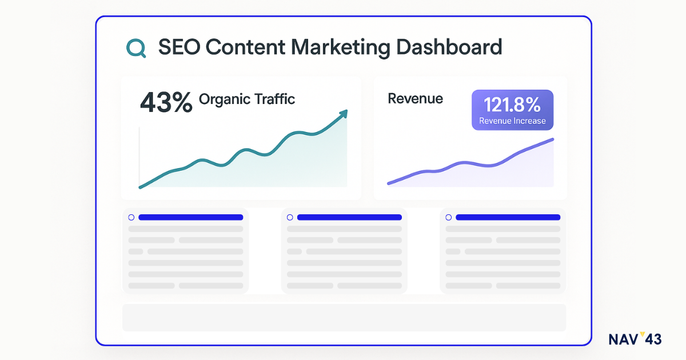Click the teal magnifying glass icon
tap(135, 48)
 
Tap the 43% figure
tap(166, 102)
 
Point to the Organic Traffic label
tap(247, 99)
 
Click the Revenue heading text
tap(415, 98)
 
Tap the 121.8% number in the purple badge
tap(512, 105)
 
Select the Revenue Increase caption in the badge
tap(512, 121)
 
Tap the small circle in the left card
tap(131, 217)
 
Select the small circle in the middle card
tap(290, 217)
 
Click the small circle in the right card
tap(448, 217)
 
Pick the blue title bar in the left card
tap(190, 217)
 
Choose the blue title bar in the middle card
tap(349, 217)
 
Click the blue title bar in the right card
tap(508, 217)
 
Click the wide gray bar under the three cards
tap(344, 317)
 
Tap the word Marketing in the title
tap(334, 47)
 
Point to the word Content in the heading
tap(241, 47)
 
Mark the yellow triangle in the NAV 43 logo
tap(641, 334)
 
